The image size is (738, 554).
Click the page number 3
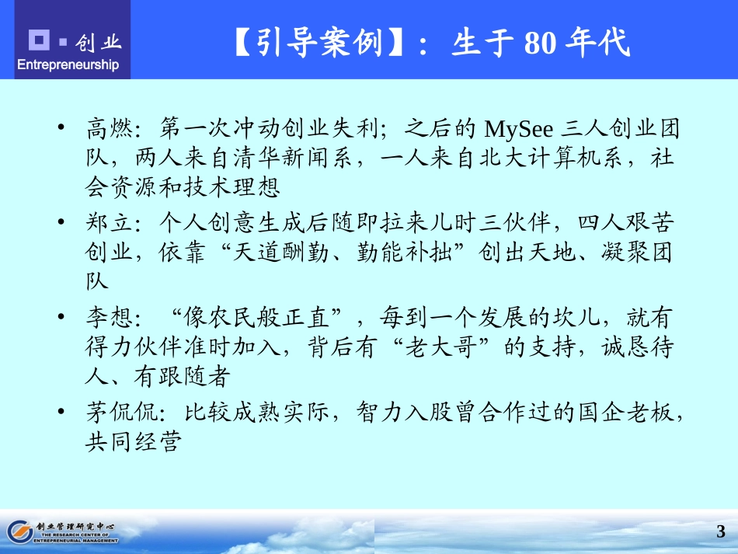click(721, 532)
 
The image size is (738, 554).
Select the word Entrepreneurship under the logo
click(68, 64)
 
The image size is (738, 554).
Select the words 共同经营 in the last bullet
click(133, 443)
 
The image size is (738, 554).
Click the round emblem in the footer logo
click(19, 531)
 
